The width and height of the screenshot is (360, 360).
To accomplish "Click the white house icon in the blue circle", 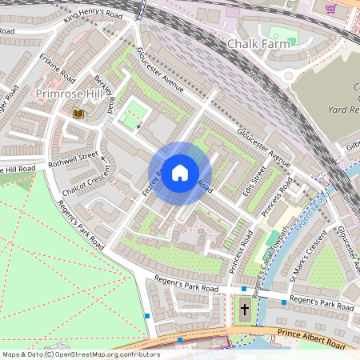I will [180, 171].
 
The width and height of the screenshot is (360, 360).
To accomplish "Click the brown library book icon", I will [78, 114].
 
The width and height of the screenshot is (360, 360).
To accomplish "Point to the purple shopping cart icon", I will [330, 9].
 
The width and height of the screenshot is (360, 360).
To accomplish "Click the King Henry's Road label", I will [94, 14].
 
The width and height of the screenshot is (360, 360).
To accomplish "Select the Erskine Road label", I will [58, 70].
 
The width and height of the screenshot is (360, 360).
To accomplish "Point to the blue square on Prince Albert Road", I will [180, 339].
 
